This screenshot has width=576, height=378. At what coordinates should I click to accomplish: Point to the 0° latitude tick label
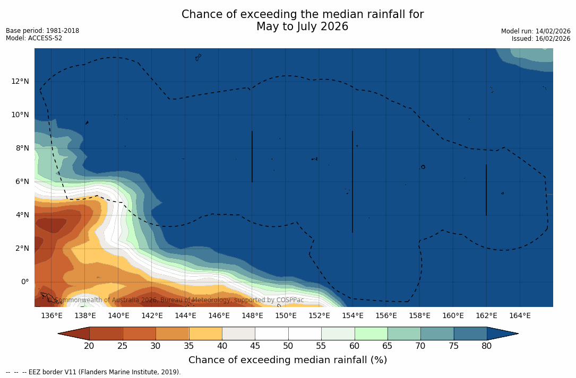tap(24, 282)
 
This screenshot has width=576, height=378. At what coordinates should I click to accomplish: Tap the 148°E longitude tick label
tap(252, 316)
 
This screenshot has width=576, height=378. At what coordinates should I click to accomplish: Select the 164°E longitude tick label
tap(520, 316)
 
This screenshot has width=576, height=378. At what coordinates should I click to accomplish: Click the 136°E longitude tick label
tap(51, 316)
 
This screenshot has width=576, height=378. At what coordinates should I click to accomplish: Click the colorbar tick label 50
tap(288, 346)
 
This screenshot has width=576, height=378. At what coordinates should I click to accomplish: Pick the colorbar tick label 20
tap(89, 346)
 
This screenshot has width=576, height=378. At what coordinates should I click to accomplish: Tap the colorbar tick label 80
tap(487, 346)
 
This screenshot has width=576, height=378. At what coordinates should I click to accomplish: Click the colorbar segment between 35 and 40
tap(205, 333)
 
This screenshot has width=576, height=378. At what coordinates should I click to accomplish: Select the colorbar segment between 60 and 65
tap(371, 333)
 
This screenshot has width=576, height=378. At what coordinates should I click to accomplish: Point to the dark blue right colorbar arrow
tap(502, 333)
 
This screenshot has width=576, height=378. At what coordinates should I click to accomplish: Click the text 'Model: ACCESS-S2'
tap(34, 38)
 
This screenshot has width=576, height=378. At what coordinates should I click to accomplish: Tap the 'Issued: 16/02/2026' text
tap(541, 39)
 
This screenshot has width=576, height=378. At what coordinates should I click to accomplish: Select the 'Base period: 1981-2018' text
tap(42, 31)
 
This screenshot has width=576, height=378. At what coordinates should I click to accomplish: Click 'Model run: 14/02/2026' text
tap(536, 31)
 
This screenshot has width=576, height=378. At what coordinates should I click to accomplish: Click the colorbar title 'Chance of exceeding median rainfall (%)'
tap(288, 361)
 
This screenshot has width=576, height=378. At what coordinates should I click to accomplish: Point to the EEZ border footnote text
tap(93, 372)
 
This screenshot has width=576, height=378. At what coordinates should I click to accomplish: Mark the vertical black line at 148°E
tap(252, 156)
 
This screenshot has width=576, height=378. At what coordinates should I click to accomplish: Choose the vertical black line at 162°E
tap(486, 190)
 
